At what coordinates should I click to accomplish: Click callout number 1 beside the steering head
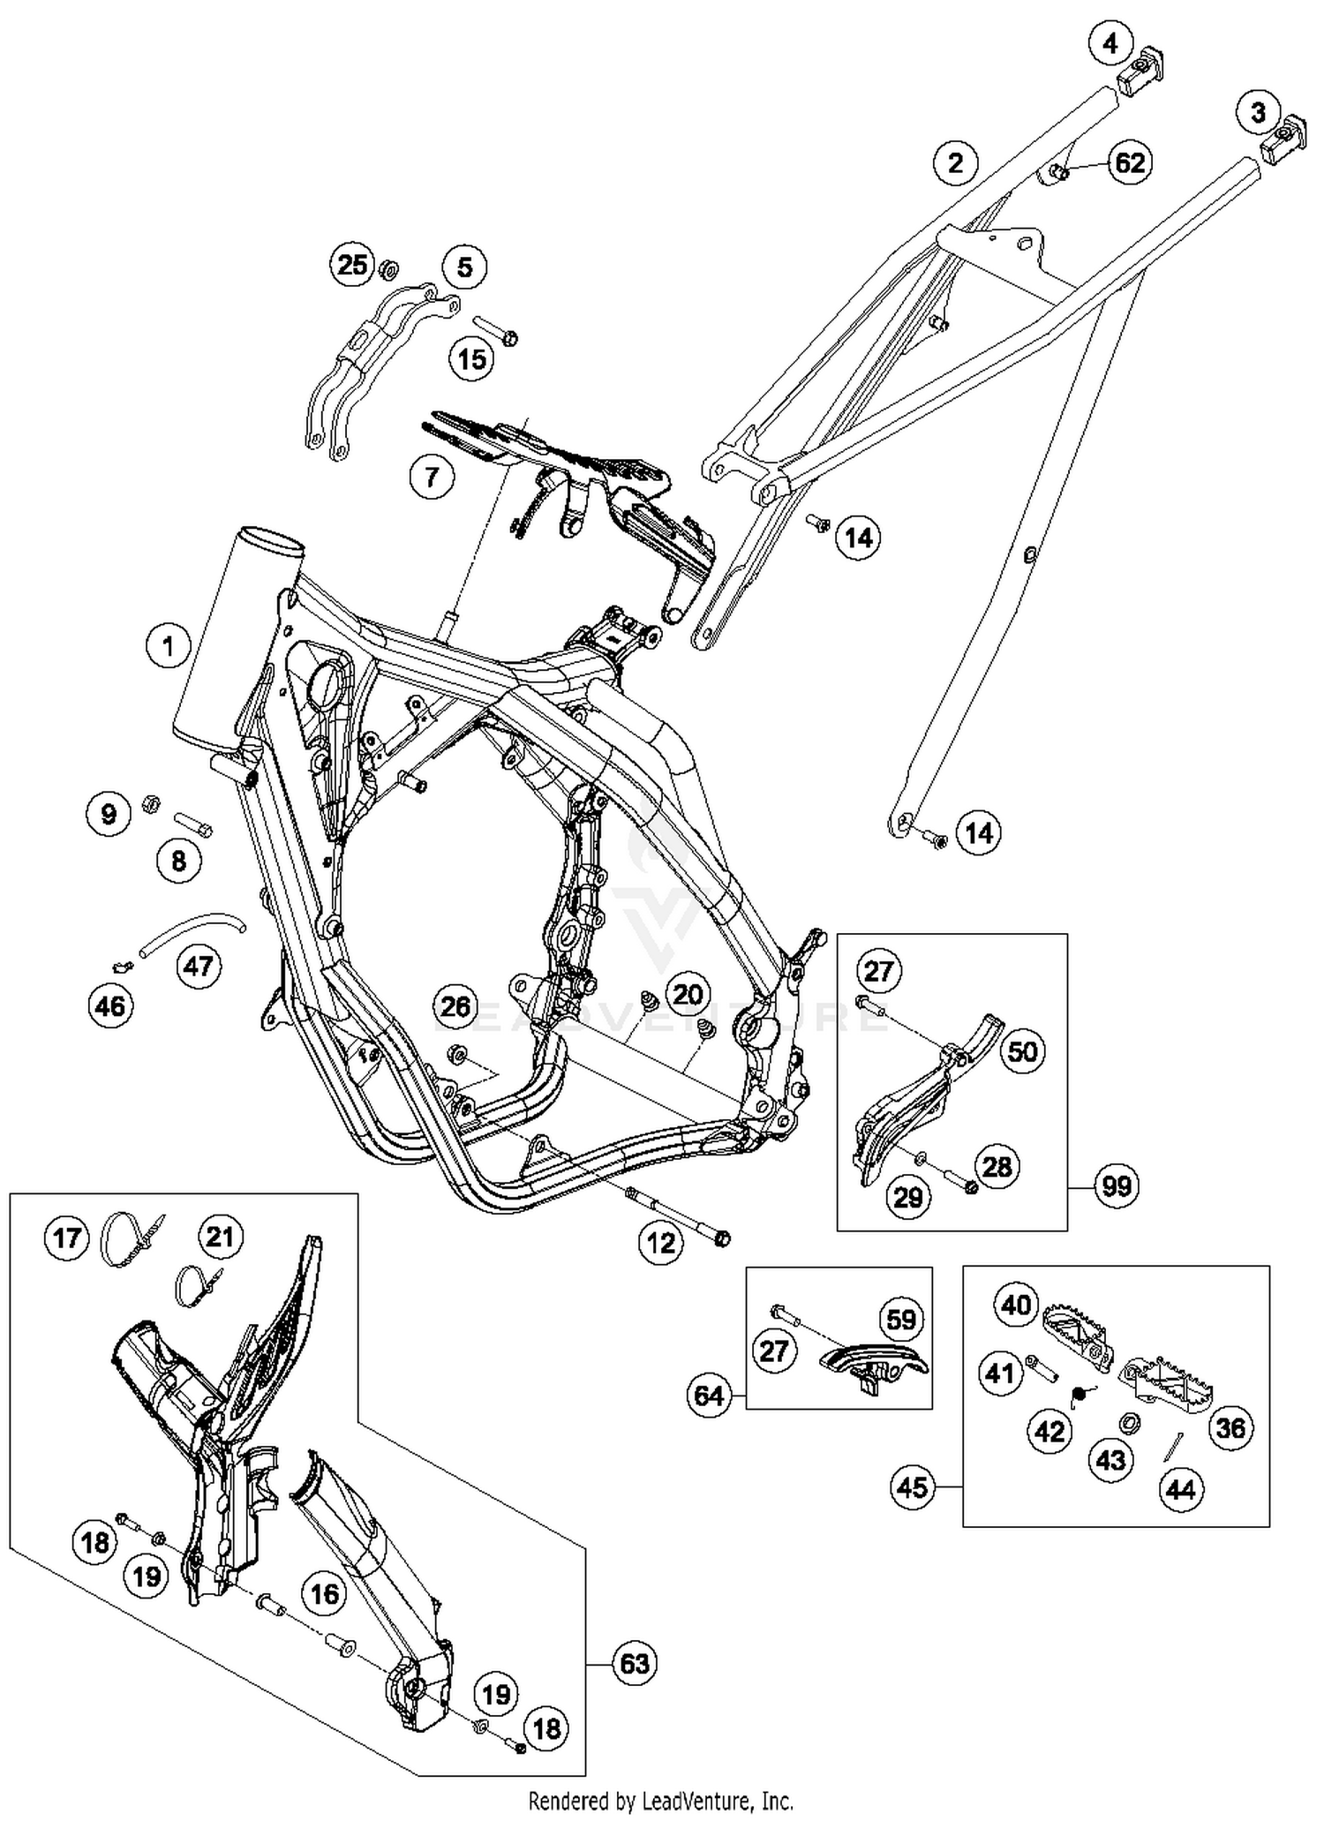click(x=168, y=646)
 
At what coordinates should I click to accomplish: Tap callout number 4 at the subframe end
click(x=1110, y=43)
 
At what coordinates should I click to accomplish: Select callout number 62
click(x=1130, y=162)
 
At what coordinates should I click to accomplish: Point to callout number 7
click(x=432, y=478)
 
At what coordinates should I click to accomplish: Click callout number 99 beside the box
click(x=1117, y=1185)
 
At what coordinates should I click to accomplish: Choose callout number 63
click(x=634, y=1664)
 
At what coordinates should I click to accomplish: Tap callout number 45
click(x=913, y=1487)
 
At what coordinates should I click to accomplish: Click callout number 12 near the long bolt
click(x=661, y=1243)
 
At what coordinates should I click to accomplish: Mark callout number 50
click(x=1022, y=1051)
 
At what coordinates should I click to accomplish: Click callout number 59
click(x=901, y=1320)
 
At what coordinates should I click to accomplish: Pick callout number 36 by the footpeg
click(x=1230, y=1427)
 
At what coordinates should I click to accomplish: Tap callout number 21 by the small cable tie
click(x=220, y=1237)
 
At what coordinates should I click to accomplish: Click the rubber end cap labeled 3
click(x=1284, y=139)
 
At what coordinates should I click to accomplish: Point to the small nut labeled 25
click(x=387, y=267)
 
